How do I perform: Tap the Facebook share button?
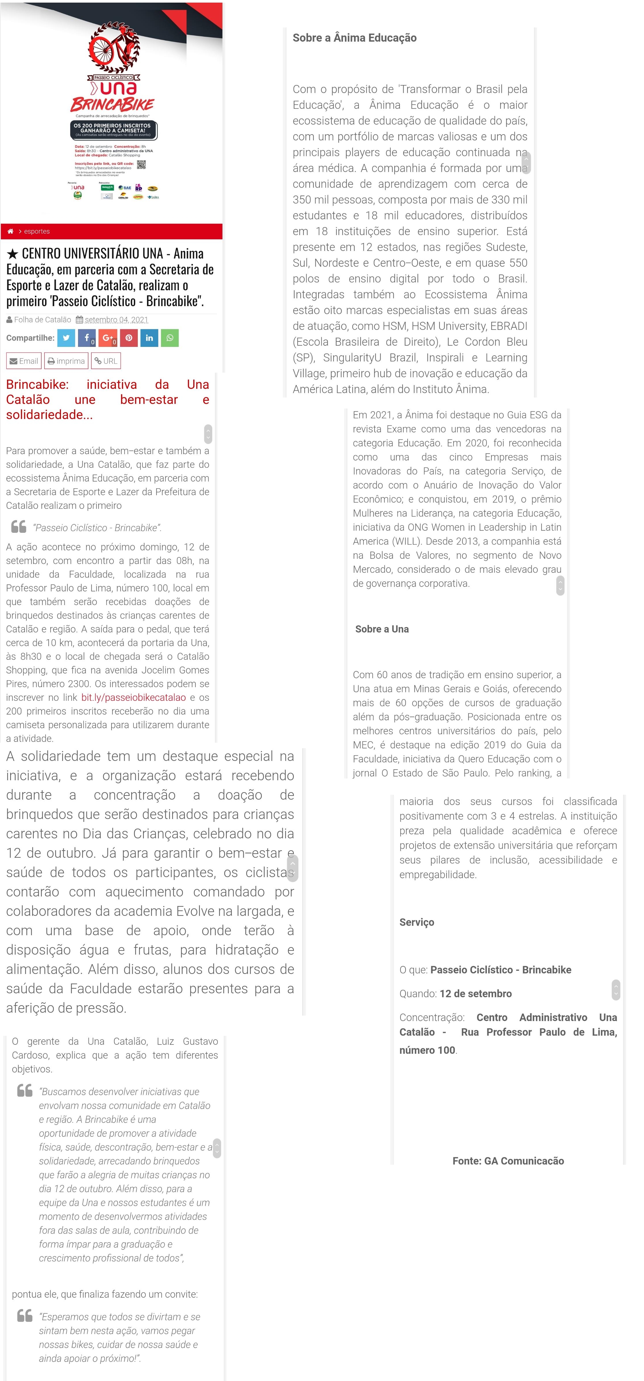click(87, 338)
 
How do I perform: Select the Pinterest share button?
click(129, 338)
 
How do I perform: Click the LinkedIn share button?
click(149, 338)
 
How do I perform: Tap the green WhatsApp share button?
click(170, 338)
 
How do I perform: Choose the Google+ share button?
click(108, 338)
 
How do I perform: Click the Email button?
click(24, 361)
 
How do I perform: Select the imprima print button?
click(66, 361)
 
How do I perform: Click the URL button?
click(106, 361)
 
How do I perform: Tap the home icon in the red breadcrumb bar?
click(10, 231)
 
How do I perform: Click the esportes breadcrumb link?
click(37, 231)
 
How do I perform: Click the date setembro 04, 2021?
click(116, 319)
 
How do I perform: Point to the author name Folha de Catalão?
click(42, 319)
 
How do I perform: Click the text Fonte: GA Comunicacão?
click(508, 1161)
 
